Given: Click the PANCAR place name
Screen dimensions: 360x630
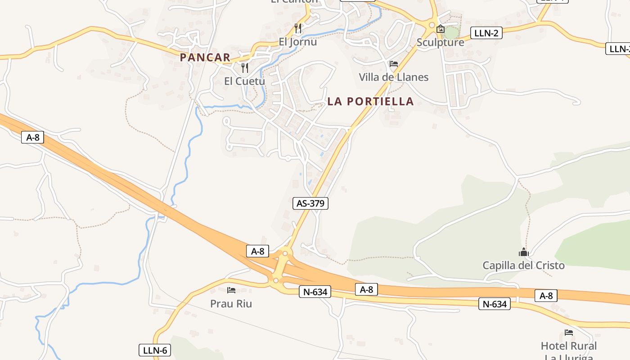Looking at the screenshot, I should coord(205,58).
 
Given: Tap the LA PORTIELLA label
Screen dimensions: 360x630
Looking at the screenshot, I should coord(370,101).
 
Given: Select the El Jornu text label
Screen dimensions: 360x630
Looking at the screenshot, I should coord(298,42).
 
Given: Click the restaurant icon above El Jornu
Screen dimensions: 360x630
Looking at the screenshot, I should coord(298,28).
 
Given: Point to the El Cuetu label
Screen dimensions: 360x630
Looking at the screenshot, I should coord(245,81).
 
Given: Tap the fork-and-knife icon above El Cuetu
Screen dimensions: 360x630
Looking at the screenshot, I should coord(245,68).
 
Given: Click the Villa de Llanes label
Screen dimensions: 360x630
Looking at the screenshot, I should coord(394,77).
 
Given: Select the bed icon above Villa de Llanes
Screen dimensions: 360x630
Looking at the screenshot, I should coord(394,64).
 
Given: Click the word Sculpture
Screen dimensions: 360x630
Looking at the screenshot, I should coord(440,42).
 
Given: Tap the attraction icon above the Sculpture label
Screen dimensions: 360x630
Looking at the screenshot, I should coord(441,29).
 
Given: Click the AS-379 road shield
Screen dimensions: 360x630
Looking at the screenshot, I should coord(310,203).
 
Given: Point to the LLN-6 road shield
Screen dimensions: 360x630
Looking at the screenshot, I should coord(155,350).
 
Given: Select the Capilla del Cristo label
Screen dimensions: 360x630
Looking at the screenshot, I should coord(523,265).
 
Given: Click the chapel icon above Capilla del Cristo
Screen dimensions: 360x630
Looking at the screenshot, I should coord(523,252).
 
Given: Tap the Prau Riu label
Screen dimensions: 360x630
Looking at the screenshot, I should coord(231,304).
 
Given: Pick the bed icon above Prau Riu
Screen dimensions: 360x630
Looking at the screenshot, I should coord(231,290).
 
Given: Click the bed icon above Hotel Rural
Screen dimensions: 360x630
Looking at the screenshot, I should coord(569,333).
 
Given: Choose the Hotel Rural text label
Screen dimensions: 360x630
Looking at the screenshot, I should coord(569,346).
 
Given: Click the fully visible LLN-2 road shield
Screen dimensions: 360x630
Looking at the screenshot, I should coord(486,33).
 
